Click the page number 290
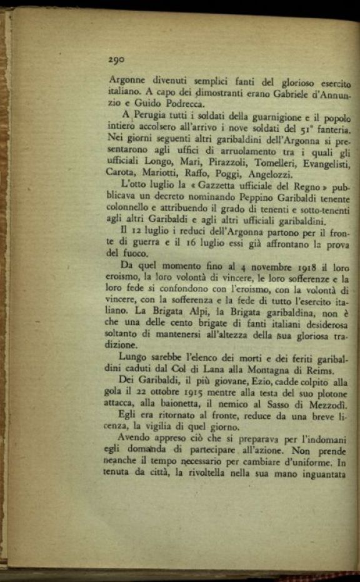tap(116, 60)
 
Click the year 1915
tap(206, 396)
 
